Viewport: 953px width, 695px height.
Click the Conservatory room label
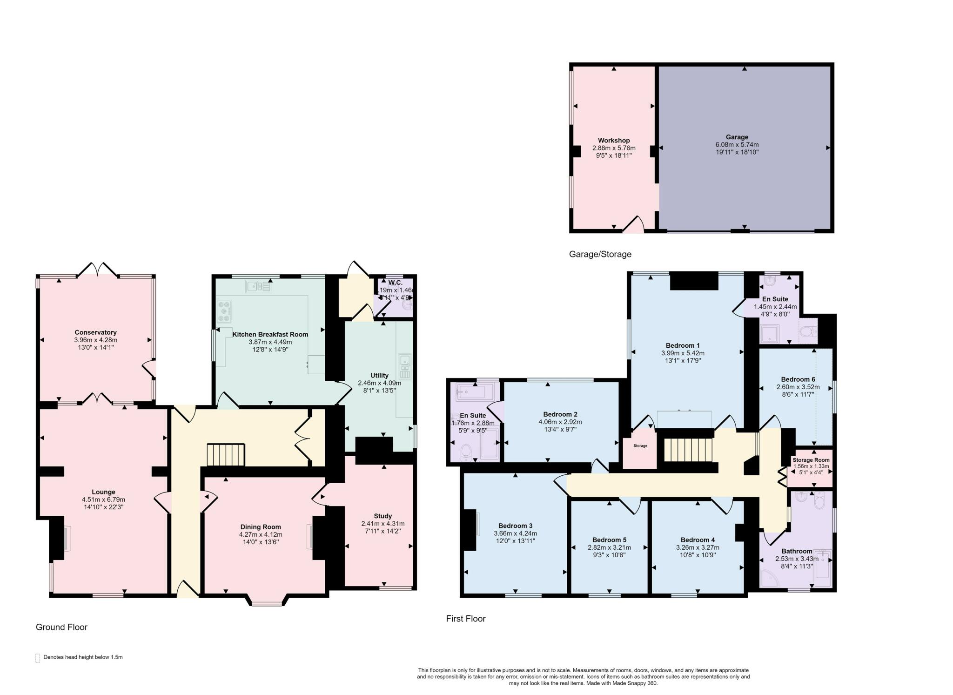click(x=95, y=332)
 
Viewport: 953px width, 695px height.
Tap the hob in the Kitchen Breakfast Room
click(x=224, y=311)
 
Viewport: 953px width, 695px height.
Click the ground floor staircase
click(x=226, y=454)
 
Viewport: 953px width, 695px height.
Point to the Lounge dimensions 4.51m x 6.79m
click(x=103, y=499)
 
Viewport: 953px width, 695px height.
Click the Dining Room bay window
click(x=267, y=604)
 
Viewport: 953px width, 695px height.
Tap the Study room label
click(x=383, y=516)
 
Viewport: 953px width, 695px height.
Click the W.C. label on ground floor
click(x=395, y=283)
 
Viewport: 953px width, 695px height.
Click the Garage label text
click(x=737, y=137)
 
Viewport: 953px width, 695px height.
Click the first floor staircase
click(x=688, y=450)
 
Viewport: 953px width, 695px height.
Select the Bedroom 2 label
click(x=560, y=414)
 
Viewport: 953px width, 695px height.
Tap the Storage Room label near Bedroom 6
click(x=811, y=460)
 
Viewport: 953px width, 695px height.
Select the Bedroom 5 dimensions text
click(x=609, y=547)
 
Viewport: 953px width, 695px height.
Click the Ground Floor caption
click(x=61, y=627)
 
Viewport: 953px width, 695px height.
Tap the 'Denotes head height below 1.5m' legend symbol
click(x=38, y=658)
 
